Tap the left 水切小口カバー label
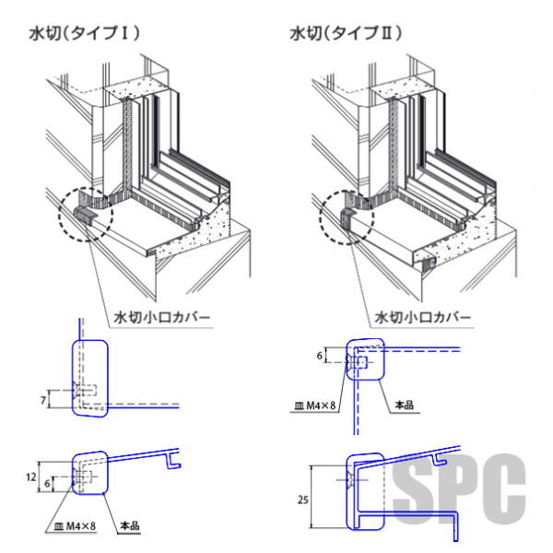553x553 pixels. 161,320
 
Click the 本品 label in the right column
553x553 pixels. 405,405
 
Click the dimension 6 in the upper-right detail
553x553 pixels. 320,355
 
